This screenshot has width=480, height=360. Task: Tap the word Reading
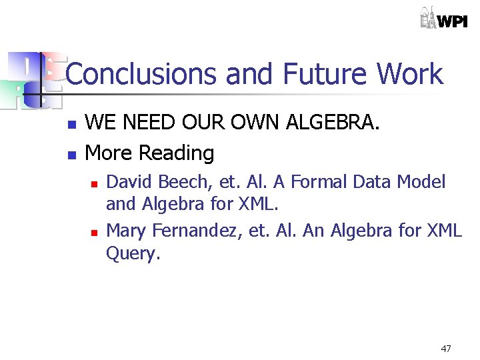click(177, 153)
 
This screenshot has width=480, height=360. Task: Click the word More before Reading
click(109, 153)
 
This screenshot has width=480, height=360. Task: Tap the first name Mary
click(127, 231)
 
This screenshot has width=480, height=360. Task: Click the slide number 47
click(446, 349)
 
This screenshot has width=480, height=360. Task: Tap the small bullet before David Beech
click(94, 183)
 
